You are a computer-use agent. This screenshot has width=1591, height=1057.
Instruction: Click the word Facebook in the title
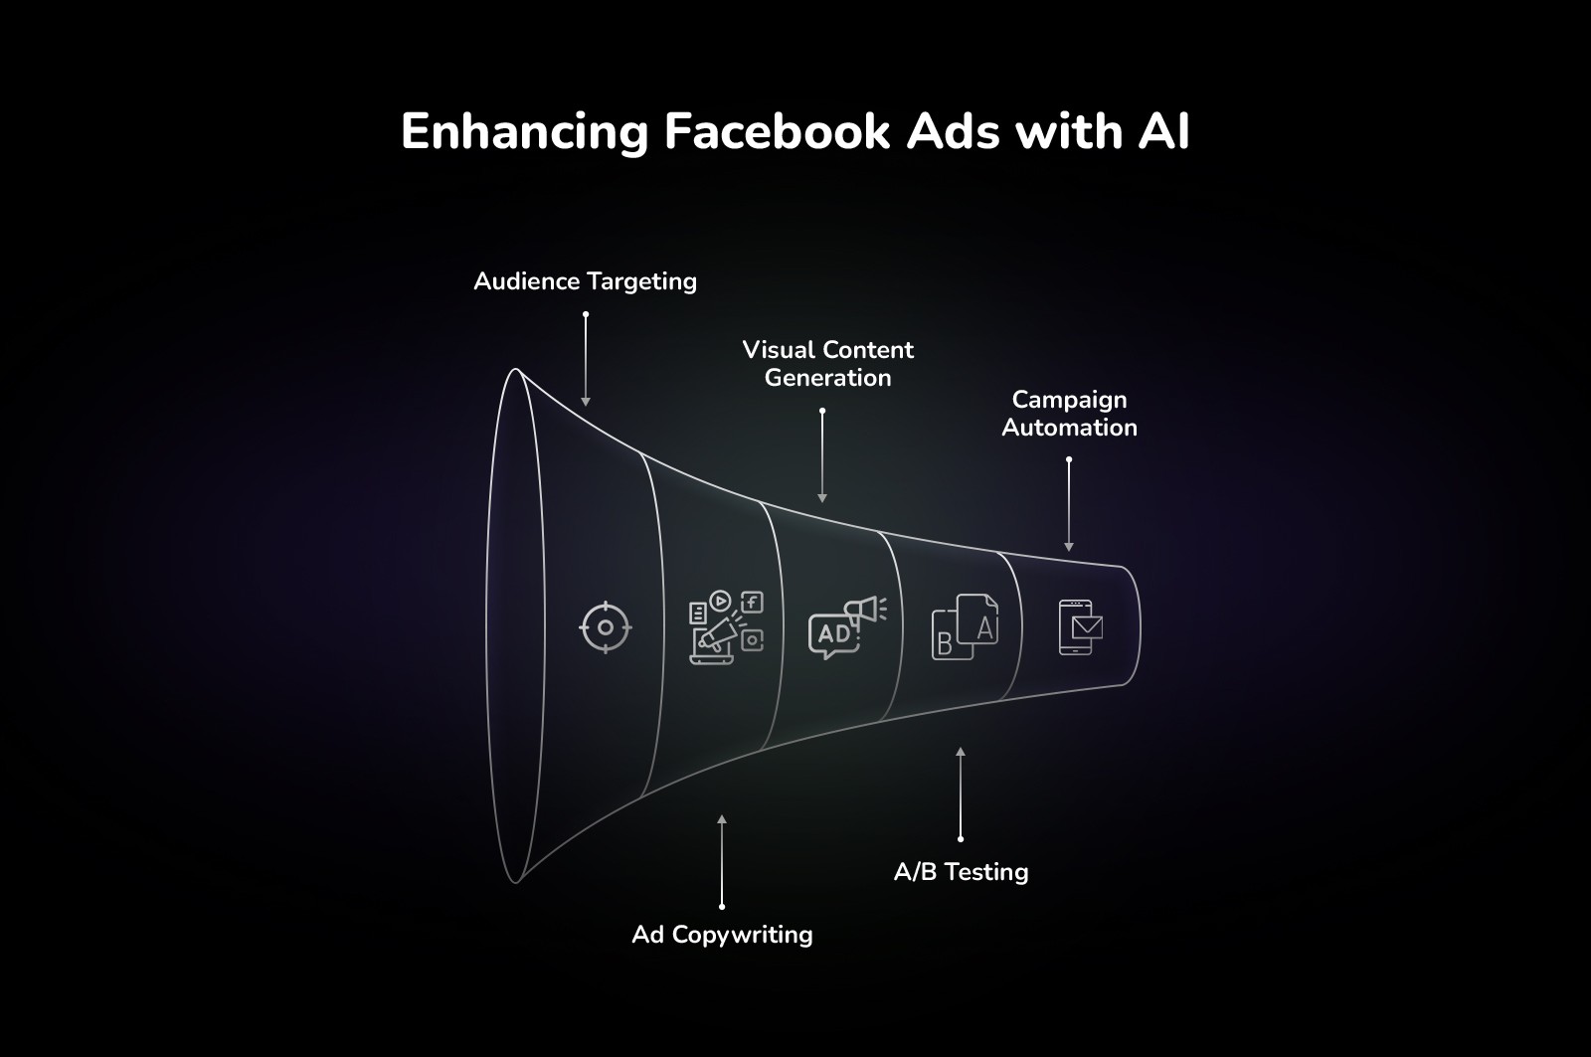(x=777, y=131)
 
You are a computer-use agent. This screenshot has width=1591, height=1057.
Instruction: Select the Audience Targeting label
(x=585, y=281)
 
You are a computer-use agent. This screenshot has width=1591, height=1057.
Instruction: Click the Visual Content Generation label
(x=827, y=364)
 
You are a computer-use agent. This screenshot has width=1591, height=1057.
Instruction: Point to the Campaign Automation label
(x=1069, y=414)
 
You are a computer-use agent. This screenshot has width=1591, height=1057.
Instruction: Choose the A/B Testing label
(x=961, y=872)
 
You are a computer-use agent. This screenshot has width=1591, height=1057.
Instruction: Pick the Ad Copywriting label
(x=722, y=935)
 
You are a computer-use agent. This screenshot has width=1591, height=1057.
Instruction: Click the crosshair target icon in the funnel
(x=606, y=627)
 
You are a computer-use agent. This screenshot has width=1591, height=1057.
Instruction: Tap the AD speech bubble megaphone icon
(x=846, y=627)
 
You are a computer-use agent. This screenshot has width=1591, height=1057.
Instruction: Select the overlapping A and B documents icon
(x=965, y=627)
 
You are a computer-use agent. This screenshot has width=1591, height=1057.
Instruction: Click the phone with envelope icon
(x=1080, y=627)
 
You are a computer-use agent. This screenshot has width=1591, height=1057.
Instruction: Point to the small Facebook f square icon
(x=753, y=602)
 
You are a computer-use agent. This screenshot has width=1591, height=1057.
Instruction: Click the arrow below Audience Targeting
(x=586, y=359)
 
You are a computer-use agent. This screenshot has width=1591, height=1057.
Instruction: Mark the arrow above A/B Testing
(x=961, y=794)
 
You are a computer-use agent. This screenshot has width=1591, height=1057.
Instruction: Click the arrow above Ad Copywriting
(x=722, y=861)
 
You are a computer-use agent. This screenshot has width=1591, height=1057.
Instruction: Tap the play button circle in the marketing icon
(x=721, y=601)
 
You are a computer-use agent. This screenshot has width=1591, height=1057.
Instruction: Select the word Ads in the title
(x=953, y=131)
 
